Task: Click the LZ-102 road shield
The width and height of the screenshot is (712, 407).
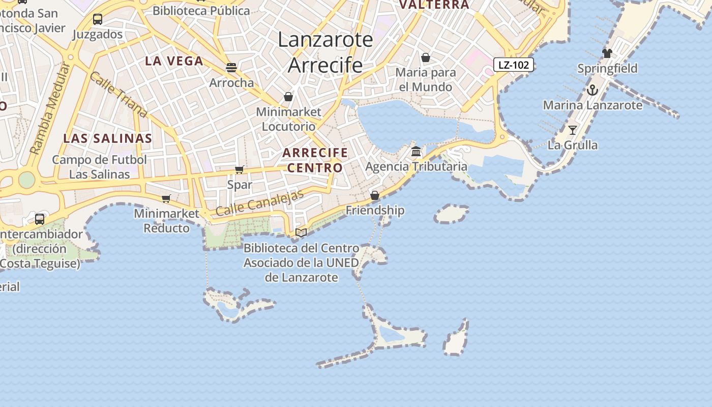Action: [513, 65]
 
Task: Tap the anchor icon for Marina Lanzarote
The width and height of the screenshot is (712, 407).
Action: [592, 91]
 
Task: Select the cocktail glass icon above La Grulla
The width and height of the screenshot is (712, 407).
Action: [573, 130]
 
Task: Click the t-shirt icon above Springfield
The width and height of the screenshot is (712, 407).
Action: [607, 53]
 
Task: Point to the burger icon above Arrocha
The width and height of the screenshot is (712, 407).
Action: [231, 68]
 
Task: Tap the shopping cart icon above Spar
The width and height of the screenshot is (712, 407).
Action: [240, 169]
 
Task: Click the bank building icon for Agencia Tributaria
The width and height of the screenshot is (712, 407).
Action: [416, 152]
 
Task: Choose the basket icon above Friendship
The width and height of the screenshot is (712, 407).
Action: [375, 195]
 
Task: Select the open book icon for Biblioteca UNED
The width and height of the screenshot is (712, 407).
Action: [301, 233]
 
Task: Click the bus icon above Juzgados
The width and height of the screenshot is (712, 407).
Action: [98, 19]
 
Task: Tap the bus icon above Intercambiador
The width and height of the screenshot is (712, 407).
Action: [40, 219]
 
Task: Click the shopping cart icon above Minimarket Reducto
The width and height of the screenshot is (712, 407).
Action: [166, 198]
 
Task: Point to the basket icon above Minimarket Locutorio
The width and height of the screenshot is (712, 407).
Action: [288, 97]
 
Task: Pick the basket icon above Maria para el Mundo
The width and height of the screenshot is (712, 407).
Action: [426, 57]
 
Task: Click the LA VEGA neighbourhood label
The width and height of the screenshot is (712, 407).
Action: [174, 61]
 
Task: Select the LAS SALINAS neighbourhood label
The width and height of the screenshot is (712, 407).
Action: [107, 138]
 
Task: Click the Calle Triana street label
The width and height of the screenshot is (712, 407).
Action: [118, 95]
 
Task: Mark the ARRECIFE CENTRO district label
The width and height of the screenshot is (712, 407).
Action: [315, 160]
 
